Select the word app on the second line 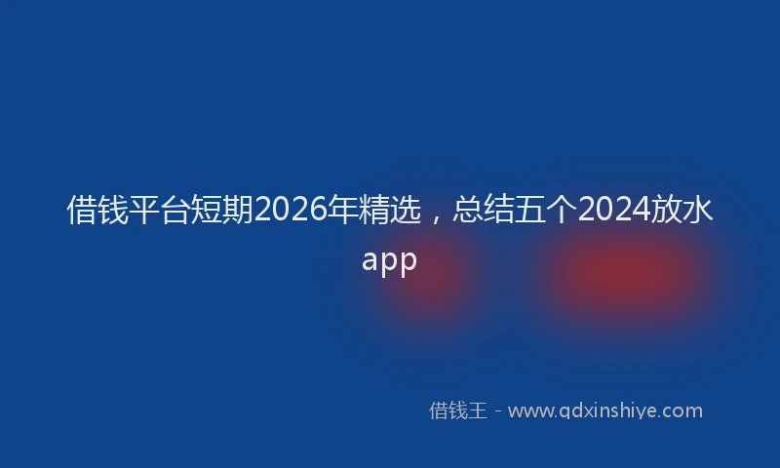[x=390, y=260]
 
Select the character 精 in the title [x=375, y=211]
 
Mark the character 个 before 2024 [x=563, y=211]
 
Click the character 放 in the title [x=667, y=211]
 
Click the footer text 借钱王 [x=457, y=410]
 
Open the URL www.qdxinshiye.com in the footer [x=604, y=410]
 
